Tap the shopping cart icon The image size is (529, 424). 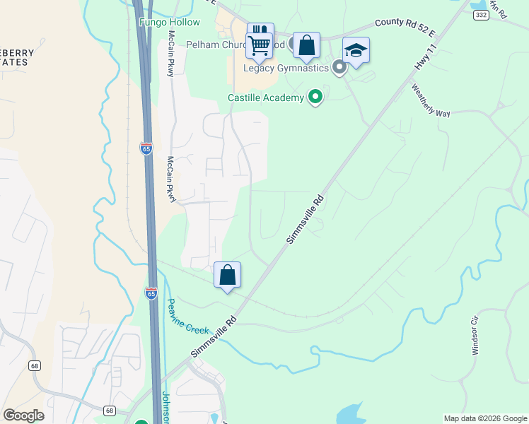point(260,45)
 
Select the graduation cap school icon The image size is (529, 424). point(356,50)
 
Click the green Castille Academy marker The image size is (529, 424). point(315,97)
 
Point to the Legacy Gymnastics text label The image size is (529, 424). point(286,69)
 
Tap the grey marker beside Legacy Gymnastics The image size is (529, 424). point(339,68)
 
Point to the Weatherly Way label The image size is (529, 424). point(431,100)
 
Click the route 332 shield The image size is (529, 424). point(480,14)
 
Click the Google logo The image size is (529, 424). point(23,416)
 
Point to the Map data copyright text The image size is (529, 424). point(485,418)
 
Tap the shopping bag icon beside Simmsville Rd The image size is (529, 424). point(228,274)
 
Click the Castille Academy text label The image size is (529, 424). point(265,98)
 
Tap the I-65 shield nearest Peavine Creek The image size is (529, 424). point(151,293)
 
